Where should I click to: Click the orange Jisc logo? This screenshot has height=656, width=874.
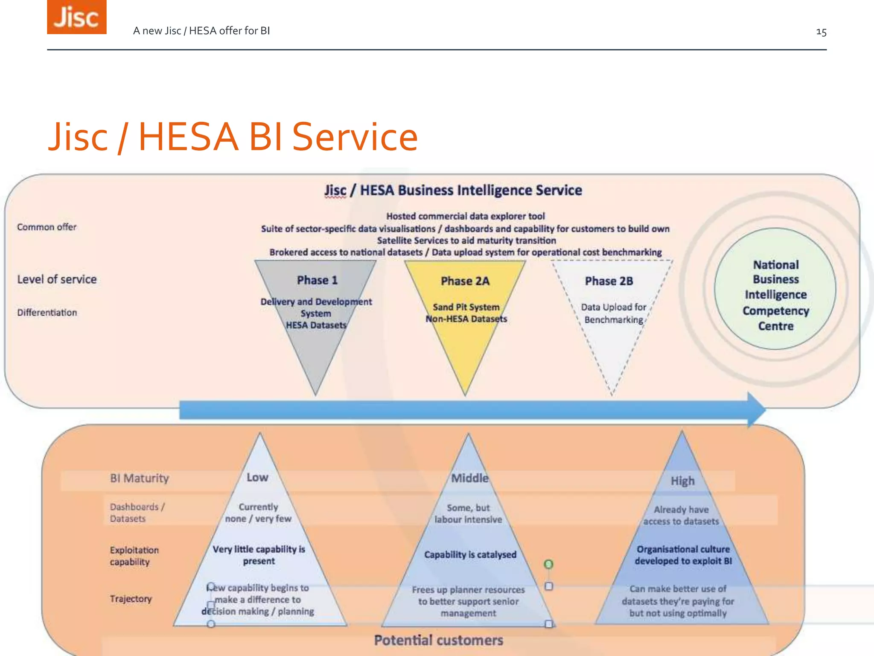(76, 17)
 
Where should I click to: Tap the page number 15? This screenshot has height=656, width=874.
(821, 32)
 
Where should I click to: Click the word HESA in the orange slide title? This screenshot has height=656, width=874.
(188, 137)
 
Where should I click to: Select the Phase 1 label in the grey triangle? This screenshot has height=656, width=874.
(317, 280)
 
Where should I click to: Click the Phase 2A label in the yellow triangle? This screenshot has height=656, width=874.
(465, 281)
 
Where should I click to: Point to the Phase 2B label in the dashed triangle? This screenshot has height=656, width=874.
(609, 281)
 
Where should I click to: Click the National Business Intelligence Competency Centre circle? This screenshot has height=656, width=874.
(775, 295)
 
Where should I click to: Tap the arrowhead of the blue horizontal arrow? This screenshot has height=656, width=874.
(756, 410)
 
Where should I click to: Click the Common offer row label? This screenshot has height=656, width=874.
(47, 227)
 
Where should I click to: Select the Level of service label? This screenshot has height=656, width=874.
(57, 279)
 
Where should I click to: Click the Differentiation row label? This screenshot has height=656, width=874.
(47, 313)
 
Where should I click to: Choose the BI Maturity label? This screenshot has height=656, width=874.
(140, 478)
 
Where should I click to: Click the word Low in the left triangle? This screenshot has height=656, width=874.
(257, 477)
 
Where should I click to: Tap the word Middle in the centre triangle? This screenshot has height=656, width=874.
(469, 478)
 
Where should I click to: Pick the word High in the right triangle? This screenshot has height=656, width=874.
(682, 481)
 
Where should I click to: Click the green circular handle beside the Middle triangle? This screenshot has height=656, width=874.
(548, 564)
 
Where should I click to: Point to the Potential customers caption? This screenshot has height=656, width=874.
(438, 640)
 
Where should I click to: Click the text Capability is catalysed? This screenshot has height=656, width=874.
(470, 555)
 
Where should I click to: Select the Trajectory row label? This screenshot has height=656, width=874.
(131, 599)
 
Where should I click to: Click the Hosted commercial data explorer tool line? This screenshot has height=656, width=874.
(465, 216)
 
